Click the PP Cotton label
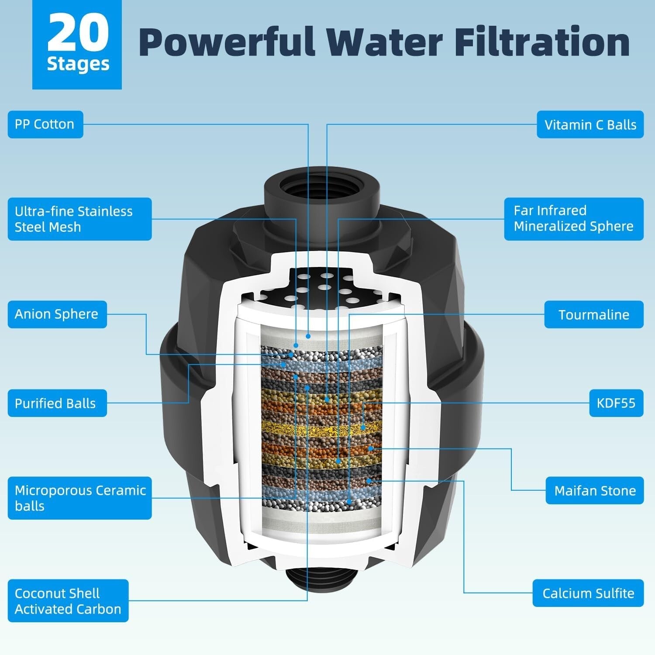click(45, 124)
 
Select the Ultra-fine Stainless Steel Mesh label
click(79, 219)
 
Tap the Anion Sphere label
click(57, 314)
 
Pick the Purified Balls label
click(57, 403)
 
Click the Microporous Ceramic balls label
click(79, 498)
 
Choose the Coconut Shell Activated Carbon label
click(68, 601)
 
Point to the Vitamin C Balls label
click(590, 125)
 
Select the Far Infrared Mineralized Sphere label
click(574, 219)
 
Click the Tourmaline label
click(594, 314)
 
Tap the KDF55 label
click(616, 403)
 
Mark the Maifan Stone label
click(595, 491)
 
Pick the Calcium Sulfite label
click(588, 593)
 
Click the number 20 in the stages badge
click(78, 33)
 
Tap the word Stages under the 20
click(78, 65)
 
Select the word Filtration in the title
click(541, 42)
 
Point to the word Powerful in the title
click(227, 42)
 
